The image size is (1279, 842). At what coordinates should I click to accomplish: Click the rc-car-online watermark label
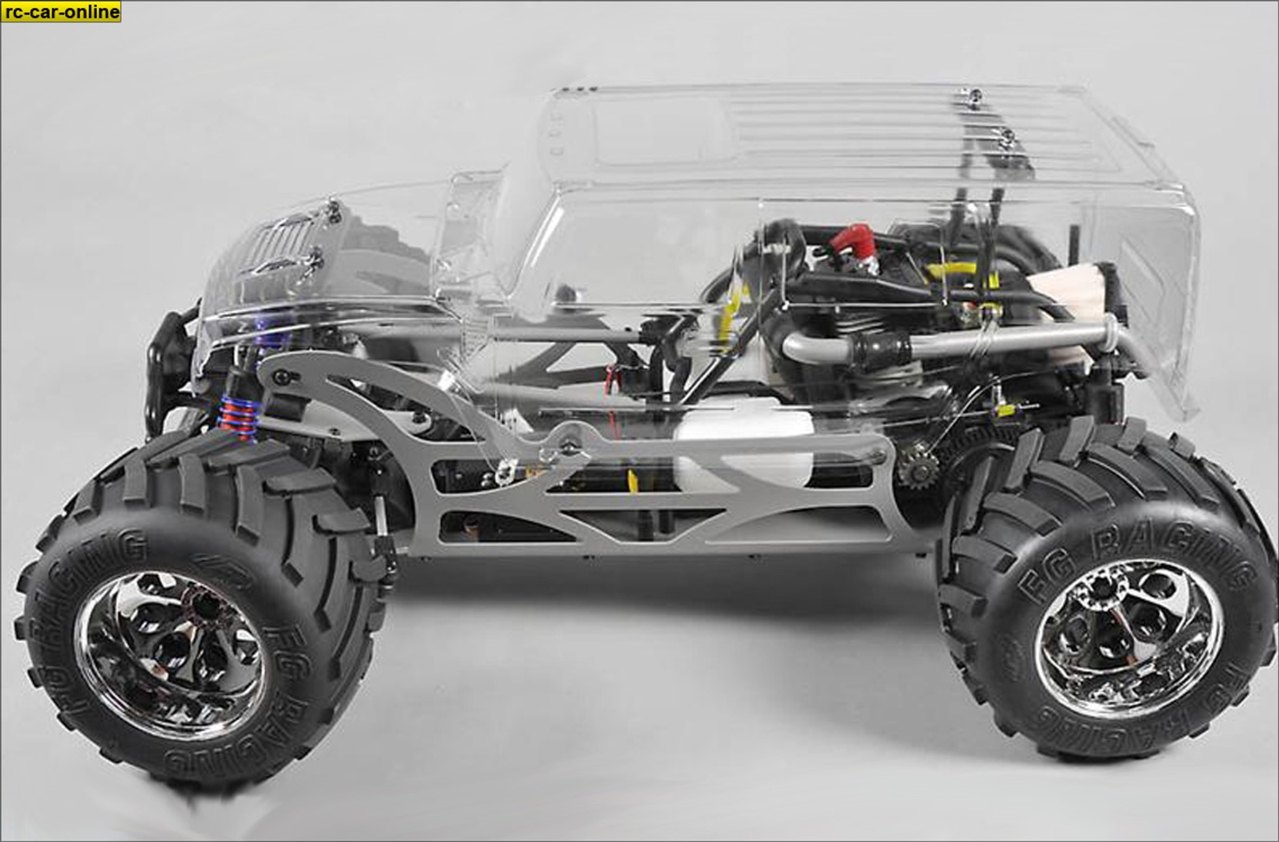pyautogui.click(x=61, y=12)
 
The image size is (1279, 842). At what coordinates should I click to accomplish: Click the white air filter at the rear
pyautogui.click(x=1069, y=291)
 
